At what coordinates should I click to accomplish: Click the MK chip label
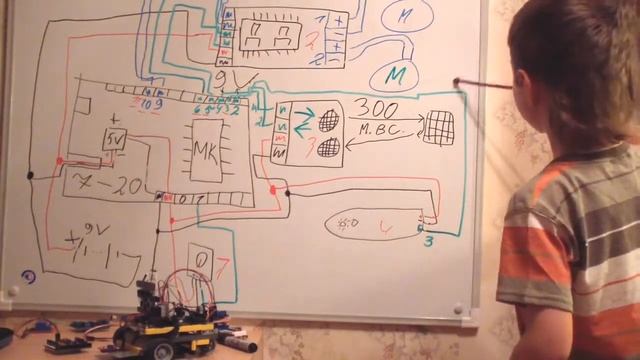tap(205, 151)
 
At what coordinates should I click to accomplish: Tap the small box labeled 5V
tap(114, 139)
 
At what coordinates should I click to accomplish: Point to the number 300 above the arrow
tap(375, 109)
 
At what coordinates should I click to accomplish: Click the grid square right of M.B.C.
tap(438, 126)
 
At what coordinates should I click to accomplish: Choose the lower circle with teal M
tap(394, 75)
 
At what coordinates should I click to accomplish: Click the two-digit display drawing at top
tap(271, 36)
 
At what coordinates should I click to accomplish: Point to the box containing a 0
tap(200, 263)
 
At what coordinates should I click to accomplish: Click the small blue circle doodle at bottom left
tap(29, 277)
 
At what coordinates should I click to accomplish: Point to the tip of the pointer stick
tap(456, 82)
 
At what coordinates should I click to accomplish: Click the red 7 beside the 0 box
tap(223, 264)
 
